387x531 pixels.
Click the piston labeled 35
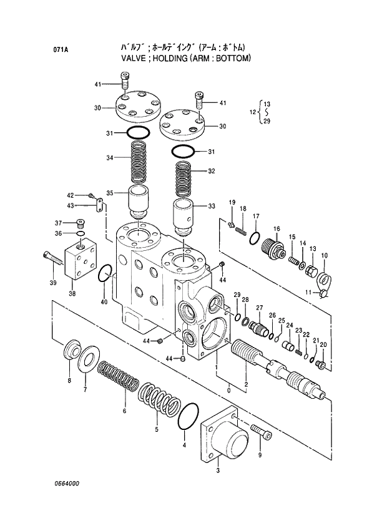pyautogui.click(x=139, y=201)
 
